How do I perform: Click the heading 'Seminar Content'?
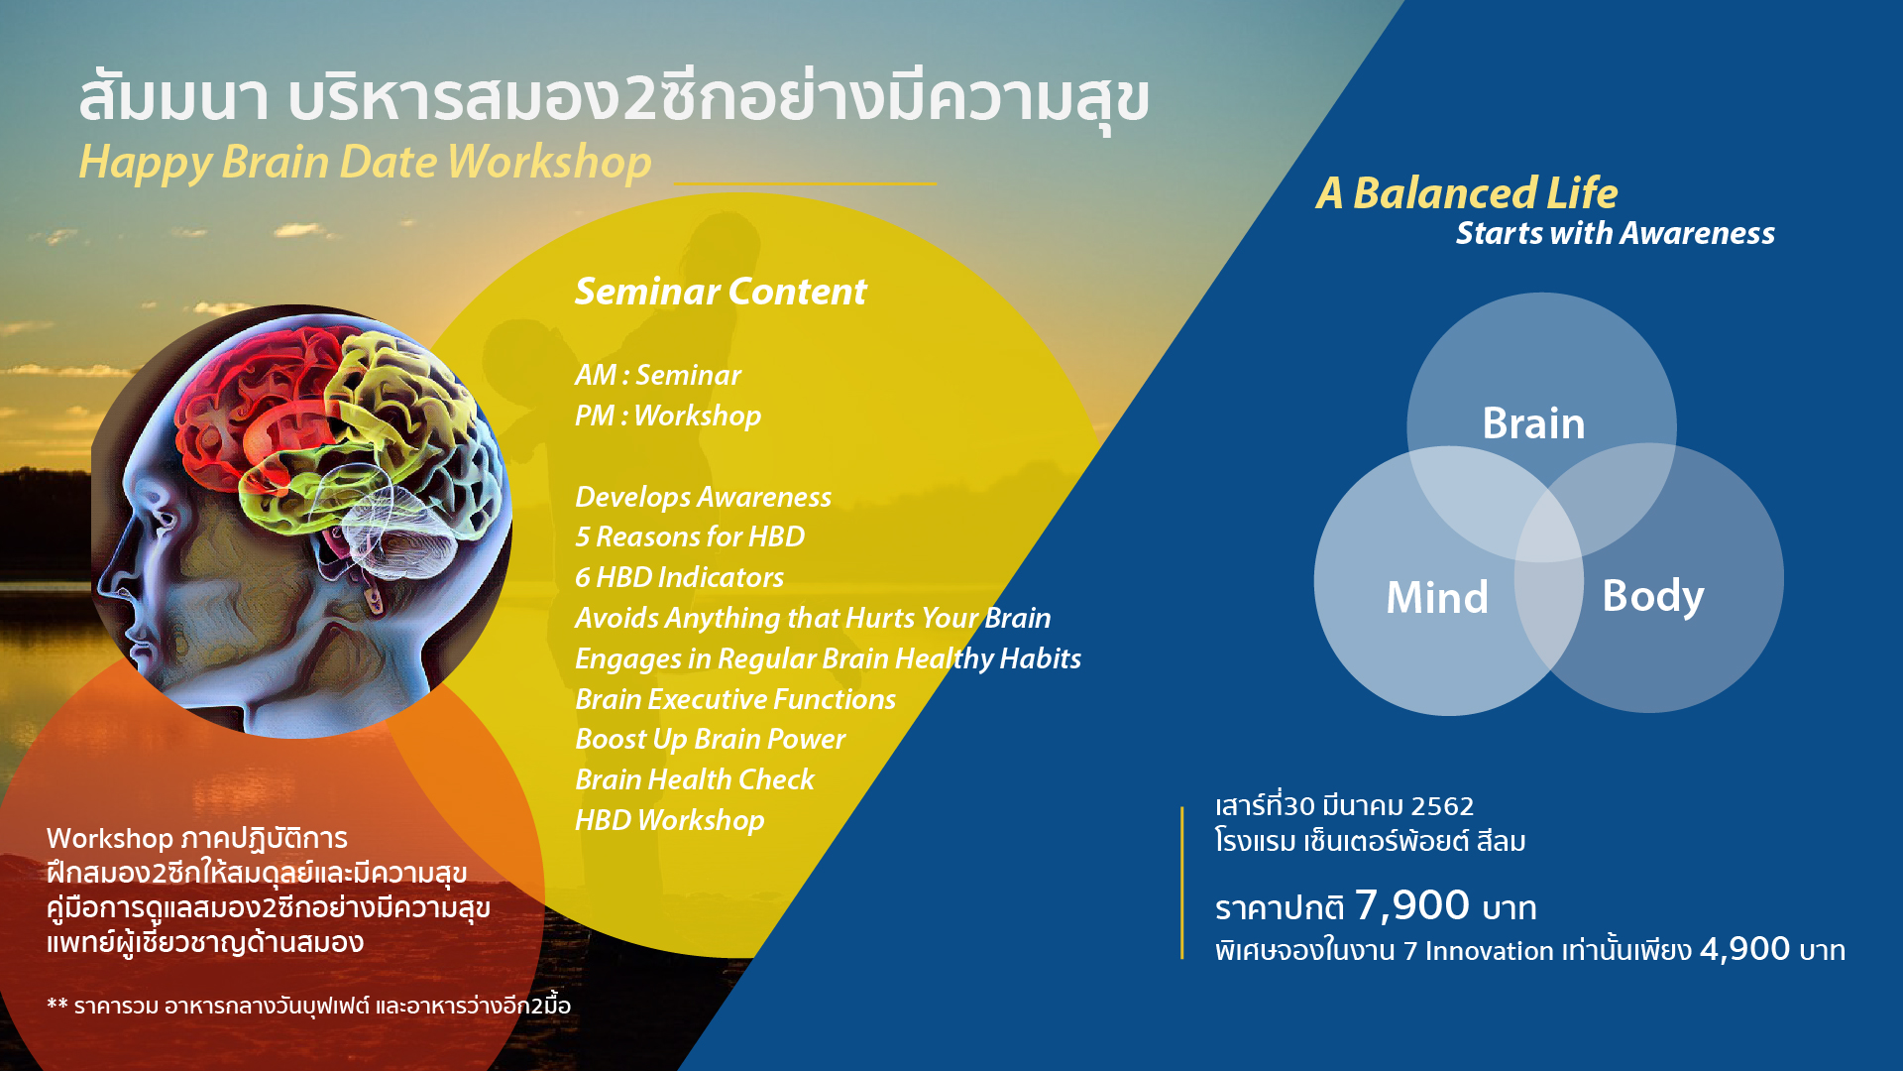tap(721, 292)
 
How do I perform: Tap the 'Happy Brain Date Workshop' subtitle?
tap(365, 163)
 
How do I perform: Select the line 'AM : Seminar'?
tap(657, 375)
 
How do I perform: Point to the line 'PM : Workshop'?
tap(668, 416)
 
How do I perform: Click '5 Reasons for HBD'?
tap(690, 536)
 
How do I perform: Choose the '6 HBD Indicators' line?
tap(679, 577)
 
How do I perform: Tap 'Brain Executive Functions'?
tap(735, 699)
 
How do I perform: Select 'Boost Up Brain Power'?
tap(710, 740)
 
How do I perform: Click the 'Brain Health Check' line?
tap(694, 779)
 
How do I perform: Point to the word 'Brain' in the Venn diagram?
tap(1533, 423)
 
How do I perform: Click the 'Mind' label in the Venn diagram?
tap(1437, 597)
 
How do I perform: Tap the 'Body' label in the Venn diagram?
tap(1653, 597)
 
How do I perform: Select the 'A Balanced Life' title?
tap(1467, 193)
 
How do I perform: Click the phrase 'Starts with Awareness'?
tap(1616, 233)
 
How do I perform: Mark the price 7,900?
tap(1412, 905)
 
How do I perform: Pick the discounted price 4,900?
tap(1744, 949)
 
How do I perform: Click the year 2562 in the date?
tap(1442, 806)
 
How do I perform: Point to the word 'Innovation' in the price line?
tap(1490, 951)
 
